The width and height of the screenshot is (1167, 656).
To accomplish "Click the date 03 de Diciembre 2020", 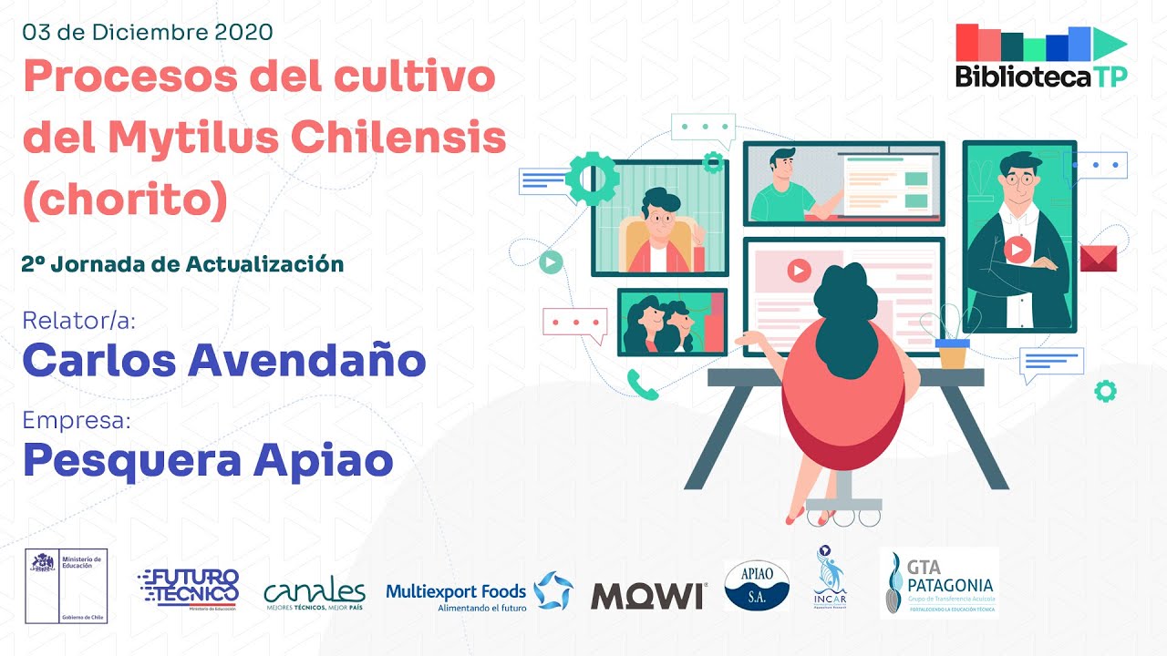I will tap(148, 32).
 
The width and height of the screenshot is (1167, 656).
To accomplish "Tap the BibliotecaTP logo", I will tap(1041, 56).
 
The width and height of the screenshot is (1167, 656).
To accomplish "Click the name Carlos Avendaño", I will tap(224, 361).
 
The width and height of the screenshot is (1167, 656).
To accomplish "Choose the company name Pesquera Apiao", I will tap(208, 460).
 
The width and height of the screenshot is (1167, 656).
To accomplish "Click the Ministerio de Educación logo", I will tap(66, 585).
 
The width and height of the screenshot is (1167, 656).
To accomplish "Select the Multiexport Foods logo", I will tap(480, 592).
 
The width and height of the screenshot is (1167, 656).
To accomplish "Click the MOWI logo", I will tap(648, 595).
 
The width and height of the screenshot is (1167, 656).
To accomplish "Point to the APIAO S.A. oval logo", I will tap(757, 585).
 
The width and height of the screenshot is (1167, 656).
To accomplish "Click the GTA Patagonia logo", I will tap(939, 583).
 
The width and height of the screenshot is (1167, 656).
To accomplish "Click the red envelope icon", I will tap(1099, 258).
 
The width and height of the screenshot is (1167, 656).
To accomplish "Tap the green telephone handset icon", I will tap(643, 384).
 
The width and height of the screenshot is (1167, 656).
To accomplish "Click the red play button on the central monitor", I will tap(798, 271).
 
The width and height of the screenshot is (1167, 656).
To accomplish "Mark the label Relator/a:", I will tap(71, 321).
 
